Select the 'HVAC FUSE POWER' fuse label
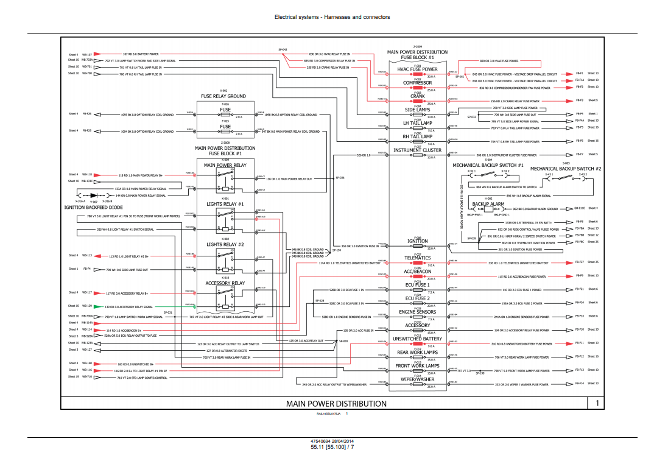pyautogui.click(x=417, y=69)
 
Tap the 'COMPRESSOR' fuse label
pyautogui.click(x=417, y=83)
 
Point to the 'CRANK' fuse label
pyautogui.click(x=417, y=96)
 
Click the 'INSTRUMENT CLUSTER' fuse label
pyautogui.click(x=417, y=150)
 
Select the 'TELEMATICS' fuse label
pyautogui.click(x=417, y=258)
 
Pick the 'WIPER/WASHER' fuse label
pyautogui.click(x=417, y=379)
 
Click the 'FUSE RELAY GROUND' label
pyautogui.click(x=223, y=96)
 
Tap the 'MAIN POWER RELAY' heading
pyautogui.click(x=225, y=165)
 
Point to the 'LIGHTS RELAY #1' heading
pyautogui.click(x=225, y=204)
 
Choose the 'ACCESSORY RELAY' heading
pyautogui.click(x=225, y=283)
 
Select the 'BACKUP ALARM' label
pyautogui.click(x=488, y=204)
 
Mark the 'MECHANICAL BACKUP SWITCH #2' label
pyautogui.click(x=566, y=169)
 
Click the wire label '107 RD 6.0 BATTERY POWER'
pyautogui.click(x=141, y=54)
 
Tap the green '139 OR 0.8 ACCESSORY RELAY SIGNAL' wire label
pyautogui.click(x=128, y=307)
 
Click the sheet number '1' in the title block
pyautogui.click(x=597, y=403)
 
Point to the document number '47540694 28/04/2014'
pyautogui.click(x=332, y=441)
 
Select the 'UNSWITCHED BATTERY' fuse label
pyautogui.click(x=417, y=339)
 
